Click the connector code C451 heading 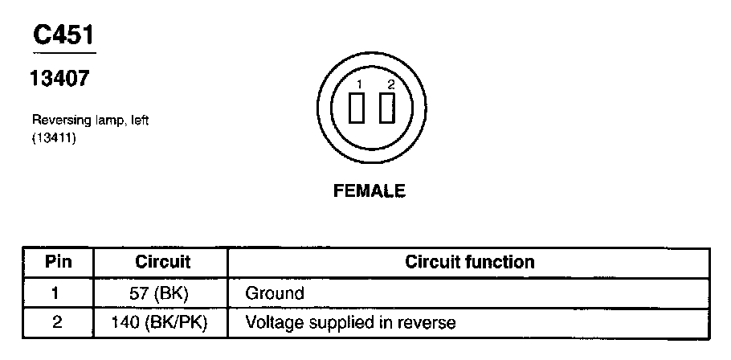63,35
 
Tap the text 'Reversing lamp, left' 91,120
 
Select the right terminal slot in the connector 387,108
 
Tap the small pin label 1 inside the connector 361,84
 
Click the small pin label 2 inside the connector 390,84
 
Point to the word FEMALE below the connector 370,191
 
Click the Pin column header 58,262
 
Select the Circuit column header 162,262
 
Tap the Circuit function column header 469,262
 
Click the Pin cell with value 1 55,292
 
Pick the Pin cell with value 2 55,323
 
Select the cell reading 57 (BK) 162,292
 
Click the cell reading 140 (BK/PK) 162,323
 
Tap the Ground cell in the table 274,293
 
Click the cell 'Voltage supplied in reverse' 350,323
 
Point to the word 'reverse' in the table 431,323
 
